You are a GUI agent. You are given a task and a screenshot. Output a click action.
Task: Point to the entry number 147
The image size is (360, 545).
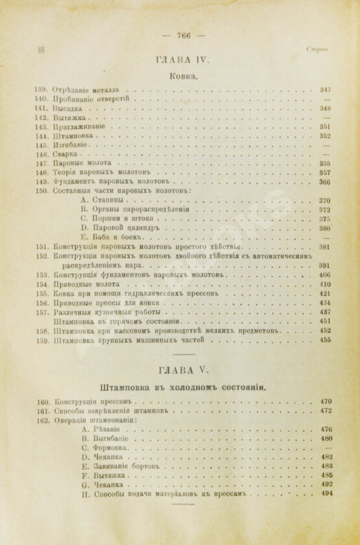pos(42,164)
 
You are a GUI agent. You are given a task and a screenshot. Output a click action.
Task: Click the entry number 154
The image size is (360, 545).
pos(42,284)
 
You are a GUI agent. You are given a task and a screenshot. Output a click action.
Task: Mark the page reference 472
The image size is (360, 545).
pos(326,411)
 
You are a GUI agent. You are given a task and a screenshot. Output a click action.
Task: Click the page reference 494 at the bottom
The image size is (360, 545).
pos(326,493)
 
